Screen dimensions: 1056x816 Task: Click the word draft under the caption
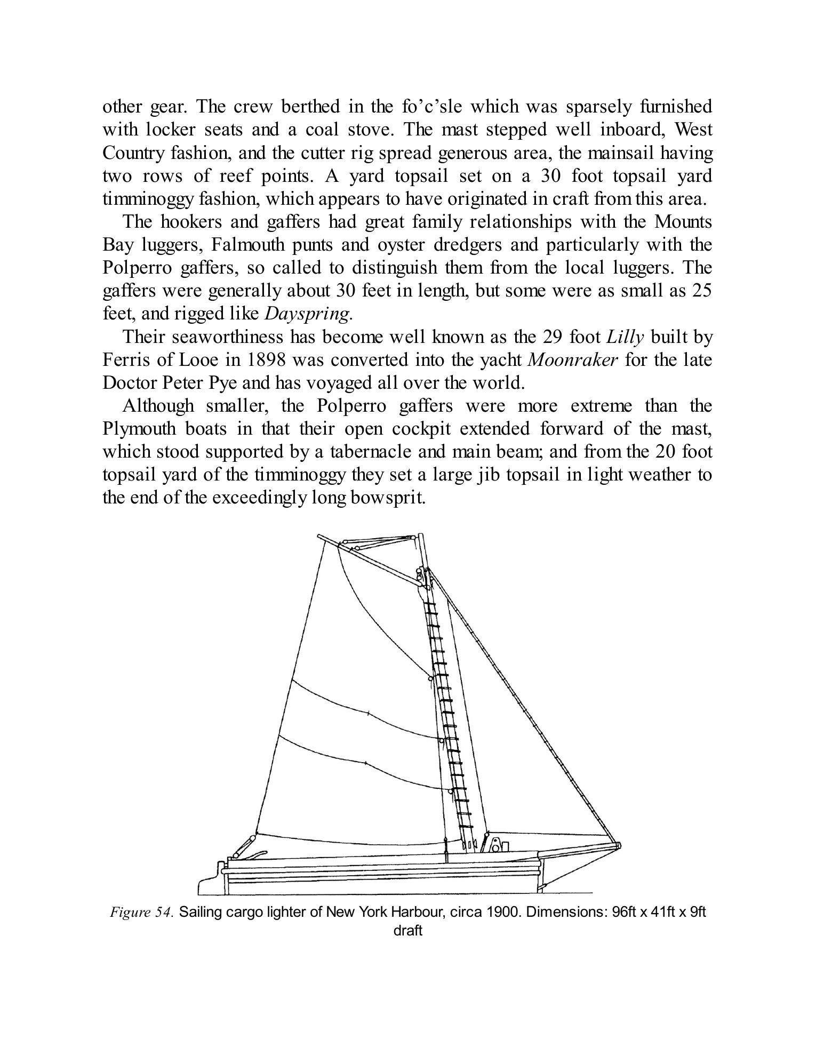tap(407, 931)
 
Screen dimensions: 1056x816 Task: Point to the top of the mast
tap(421, 535)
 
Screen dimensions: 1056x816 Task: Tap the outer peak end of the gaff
tap(319, 537)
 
